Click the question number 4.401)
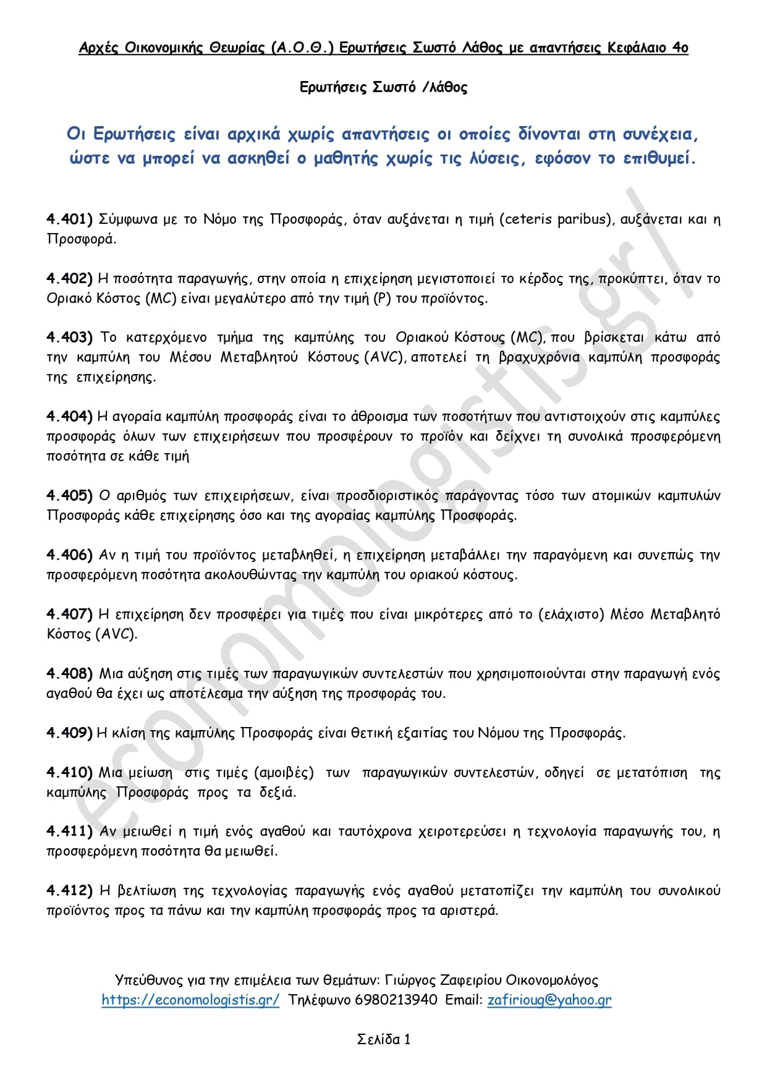pos(69,219)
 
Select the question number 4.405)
pos(69,496)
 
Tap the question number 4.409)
pos(69,733)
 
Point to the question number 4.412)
pos(69,891)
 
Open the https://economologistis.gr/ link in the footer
pos(190,1000)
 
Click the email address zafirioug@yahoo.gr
pos(549,1000)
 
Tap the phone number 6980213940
pos(396,1000)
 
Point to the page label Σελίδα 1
pos(384,1039)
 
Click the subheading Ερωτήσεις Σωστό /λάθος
pos(383,87)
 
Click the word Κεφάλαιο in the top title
pos(637,48)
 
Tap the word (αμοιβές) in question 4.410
pos(284,773)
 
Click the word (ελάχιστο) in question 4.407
pos(571,615)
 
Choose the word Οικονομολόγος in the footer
pos(552,980)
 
